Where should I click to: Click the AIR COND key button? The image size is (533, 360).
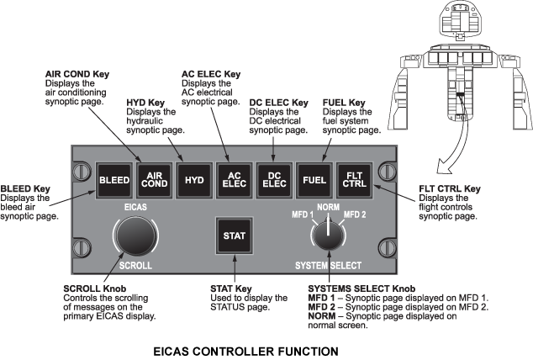[154, 178]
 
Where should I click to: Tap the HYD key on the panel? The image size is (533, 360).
[194, 179]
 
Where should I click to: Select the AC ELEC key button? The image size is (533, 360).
[235, 178]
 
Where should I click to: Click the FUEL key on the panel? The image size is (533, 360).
[314, 179]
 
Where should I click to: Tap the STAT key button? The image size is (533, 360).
[233, 236]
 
